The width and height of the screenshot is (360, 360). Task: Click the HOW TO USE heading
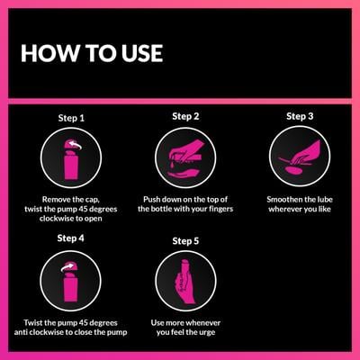click(91, 53)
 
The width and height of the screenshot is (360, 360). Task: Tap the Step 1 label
click(70, 118)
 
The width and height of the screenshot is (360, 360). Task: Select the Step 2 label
click(184, 116)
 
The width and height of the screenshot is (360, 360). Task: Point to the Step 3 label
click(300, 116)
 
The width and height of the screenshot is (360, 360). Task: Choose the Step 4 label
click(70, 238)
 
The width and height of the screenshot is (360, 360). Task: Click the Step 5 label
click(184, 240)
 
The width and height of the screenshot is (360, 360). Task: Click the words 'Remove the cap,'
click(70, 196)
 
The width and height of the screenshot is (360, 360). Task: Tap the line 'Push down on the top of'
click(184, 196)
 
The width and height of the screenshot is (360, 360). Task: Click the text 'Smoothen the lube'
click(300, 196)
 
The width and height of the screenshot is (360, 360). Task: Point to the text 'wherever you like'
click(300, 208)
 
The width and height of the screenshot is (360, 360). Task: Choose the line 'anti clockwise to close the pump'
click(70, 331)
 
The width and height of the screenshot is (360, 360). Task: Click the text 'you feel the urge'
click(184, 331)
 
